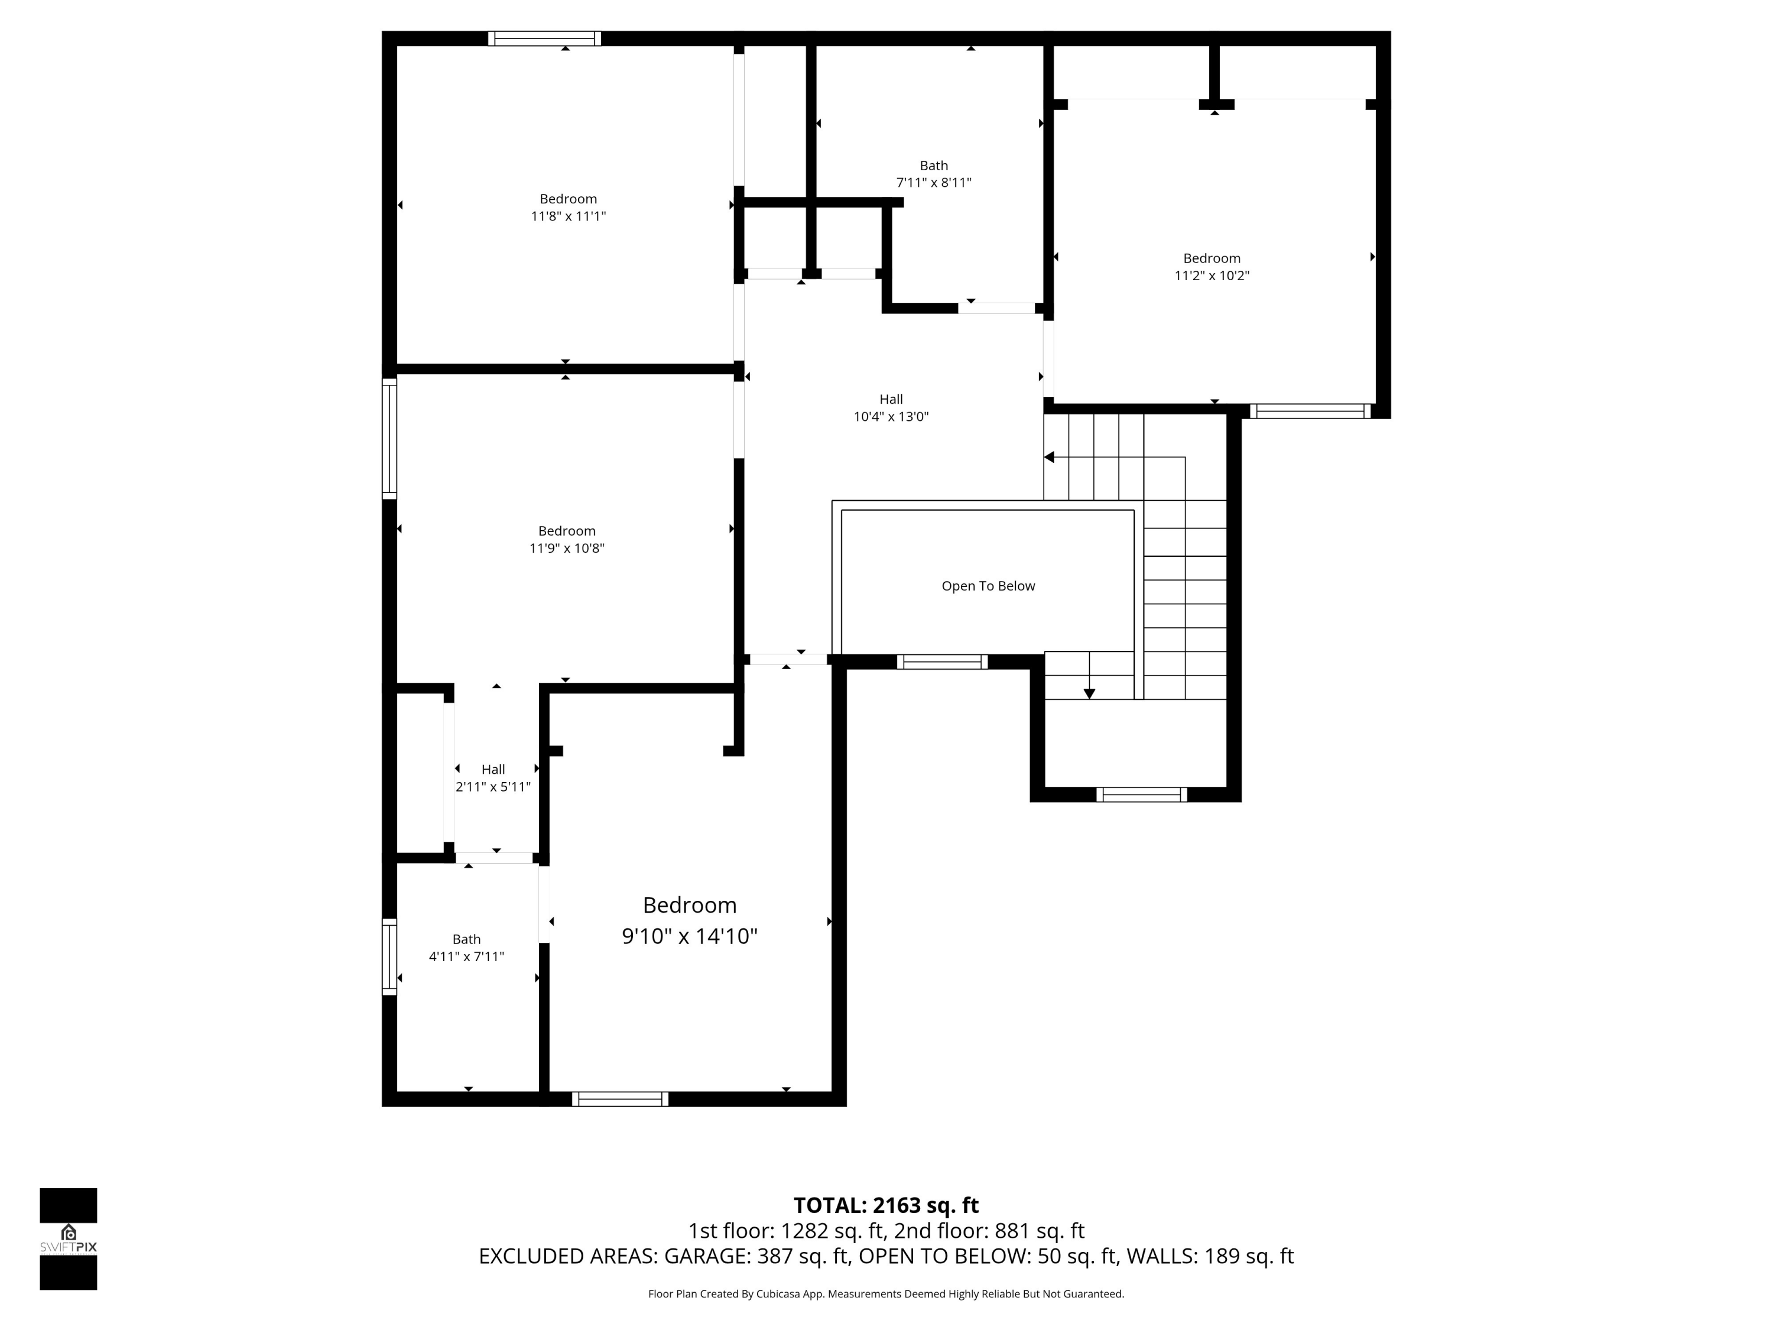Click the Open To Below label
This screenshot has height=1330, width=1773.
988,586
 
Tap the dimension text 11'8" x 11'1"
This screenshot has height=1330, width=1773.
569,216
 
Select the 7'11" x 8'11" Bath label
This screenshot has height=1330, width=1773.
933,174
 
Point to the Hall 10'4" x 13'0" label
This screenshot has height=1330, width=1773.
891,408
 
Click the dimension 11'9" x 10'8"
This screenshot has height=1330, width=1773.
567,549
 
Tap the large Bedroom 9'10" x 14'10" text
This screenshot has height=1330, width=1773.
689,920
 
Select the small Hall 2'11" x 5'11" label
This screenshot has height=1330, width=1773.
493,778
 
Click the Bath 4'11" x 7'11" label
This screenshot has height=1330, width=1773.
466,948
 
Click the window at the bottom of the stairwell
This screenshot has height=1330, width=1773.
1141,794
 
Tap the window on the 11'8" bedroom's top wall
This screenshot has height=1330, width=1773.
544,38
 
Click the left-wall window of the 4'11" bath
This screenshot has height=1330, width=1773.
389,956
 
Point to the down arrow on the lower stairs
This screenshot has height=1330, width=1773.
1089,693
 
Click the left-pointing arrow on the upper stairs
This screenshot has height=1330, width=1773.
1049,457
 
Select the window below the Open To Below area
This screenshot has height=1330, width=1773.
942,661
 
